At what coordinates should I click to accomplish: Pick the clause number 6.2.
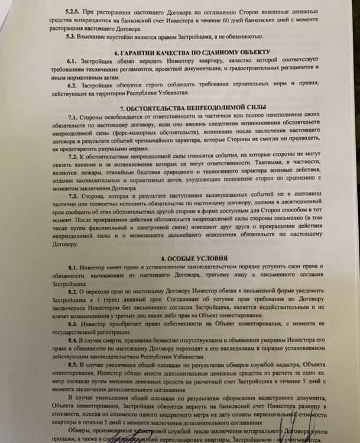click(x=73, y=86)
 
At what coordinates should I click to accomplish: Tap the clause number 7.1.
click(x=74, y=119)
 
